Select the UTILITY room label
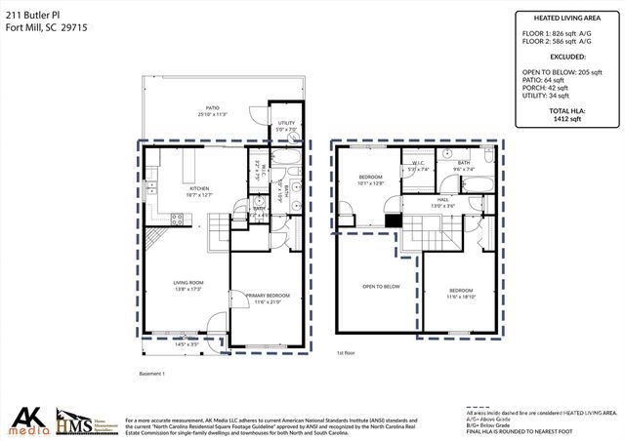coord(285,124)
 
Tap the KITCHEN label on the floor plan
coord(199,188)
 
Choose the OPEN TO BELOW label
coord(381,286)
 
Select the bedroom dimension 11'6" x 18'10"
coord(461,297)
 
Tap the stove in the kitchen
coord(179,220)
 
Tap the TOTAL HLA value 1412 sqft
coord(566,119)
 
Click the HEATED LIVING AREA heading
coord(566,18)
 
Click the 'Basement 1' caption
coord(151,374)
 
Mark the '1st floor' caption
coord(348,353)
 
